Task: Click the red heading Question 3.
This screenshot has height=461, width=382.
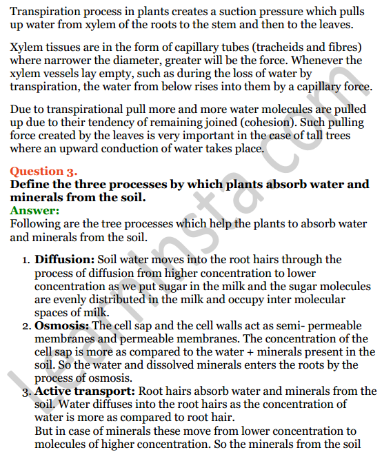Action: coord(43,172)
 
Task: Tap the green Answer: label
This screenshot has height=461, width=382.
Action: coord(34,211)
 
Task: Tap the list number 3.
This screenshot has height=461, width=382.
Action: coord(26,392)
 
